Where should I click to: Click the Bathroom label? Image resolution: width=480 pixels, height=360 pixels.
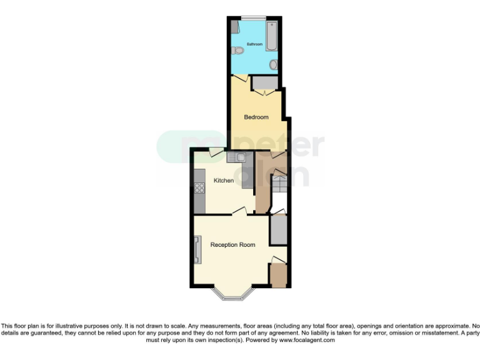tap(254, 44)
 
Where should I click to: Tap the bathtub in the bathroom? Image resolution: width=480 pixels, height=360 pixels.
tap(272, 36)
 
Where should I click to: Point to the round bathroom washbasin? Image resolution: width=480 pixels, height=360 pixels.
tap(274, 65)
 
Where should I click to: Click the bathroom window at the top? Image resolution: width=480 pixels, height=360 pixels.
tap(253, 17)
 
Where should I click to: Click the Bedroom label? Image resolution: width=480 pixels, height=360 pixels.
tap(256, 117)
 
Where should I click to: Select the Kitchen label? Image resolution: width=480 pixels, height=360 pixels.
tap(224, 181)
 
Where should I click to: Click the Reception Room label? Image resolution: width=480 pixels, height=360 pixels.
tap(232, 245)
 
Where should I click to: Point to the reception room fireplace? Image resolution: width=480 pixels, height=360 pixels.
tap(197, 250)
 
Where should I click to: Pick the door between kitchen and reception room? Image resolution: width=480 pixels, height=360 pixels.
tap(239, 213)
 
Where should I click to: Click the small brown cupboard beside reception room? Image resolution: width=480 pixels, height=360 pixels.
tap(278, 276)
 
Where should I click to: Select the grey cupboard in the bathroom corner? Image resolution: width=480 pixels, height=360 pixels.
tap(234, 26)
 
